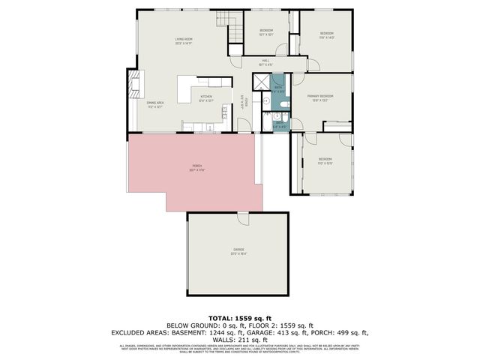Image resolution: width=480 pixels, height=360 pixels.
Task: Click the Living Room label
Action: point(184,39)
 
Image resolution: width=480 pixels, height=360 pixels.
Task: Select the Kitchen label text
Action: point(205,97)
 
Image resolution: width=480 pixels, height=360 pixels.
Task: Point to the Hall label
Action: point(265,61)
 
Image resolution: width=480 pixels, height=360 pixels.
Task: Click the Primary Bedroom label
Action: point(320,96)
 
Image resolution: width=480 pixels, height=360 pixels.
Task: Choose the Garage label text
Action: point(238,249)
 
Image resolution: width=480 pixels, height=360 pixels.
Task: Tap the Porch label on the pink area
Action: point(196,165)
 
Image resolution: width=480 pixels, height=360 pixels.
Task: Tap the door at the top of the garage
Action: point(243,217)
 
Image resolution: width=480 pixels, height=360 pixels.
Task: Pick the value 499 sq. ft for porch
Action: point(353,332)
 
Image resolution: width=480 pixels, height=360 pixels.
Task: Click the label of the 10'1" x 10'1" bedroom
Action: point(265,31)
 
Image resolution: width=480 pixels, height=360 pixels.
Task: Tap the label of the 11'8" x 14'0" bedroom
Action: point(326,34)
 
